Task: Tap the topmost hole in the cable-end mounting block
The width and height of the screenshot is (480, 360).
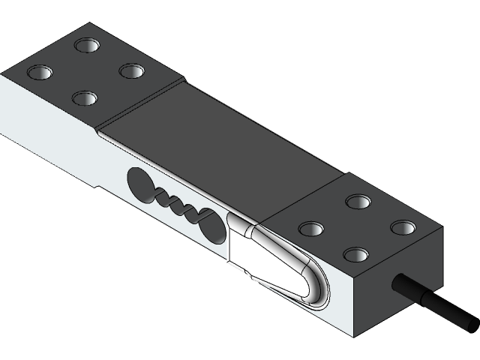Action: click(x=358, y=201)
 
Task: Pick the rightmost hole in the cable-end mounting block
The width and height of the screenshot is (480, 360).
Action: click(x=403, y=226)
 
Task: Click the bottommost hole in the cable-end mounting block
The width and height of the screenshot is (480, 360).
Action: click(x=355, y=254)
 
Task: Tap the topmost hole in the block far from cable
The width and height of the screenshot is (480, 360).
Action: click(x=88, y=46)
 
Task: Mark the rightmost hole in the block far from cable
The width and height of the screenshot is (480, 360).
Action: click(x=132, y=71)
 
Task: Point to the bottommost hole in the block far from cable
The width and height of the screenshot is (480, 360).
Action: click(x=84, y=97)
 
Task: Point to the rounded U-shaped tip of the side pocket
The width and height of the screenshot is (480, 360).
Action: click(x=318, y=289)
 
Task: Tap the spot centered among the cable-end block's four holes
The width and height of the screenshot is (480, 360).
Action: click(x=357, y=227)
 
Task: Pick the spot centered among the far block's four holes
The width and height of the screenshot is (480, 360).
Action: click(x=86, y=72)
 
